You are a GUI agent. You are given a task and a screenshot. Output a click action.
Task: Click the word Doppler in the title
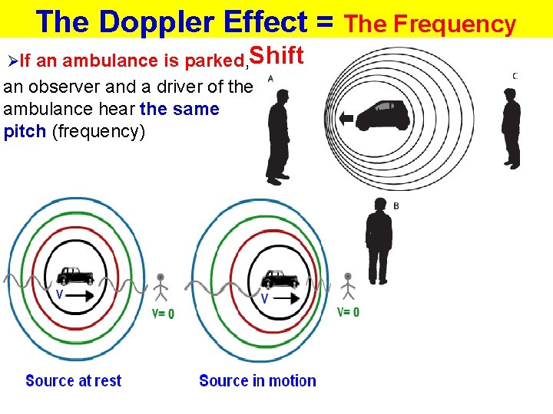point(158,21)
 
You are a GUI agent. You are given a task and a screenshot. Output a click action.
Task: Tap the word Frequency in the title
point(455,25)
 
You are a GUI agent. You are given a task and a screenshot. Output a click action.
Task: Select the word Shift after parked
point(277,56)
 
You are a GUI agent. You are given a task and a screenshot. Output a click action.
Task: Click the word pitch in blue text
point(25,131)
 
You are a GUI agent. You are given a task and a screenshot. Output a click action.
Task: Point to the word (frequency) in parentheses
point(98,131)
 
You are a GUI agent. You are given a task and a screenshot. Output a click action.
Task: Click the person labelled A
point(277,135)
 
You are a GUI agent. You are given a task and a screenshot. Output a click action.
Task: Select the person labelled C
point(511,127)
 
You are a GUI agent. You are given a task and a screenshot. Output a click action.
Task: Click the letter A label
point(270,78)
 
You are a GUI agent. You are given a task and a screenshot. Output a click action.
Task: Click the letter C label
point(515,75)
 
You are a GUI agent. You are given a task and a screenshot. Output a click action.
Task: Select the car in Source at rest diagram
point(75,275)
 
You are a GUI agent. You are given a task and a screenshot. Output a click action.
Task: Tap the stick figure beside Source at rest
point(160,286)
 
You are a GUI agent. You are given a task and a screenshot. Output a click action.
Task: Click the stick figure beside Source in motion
point(348,285)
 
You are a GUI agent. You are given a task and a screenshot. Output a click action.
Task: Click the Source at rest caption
point(74,381)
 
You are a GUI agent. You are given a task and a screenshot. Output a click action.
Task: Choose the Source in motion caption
point(257,381)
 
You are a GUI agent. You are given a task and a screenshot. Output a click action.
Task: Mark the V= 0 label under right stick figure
point(348,312)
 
